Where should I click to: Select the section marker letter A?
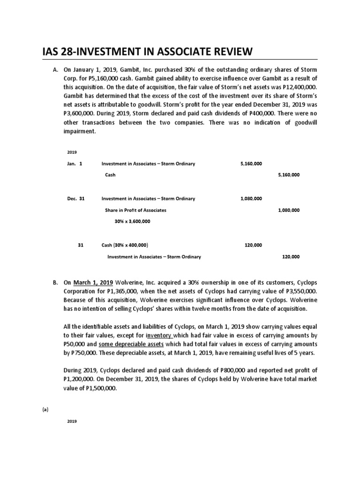click(x=55, y=70)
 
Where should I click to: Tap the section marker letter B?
click(x=55, y=283)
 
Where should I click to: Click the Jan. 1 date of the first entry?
click(x=75, y=164)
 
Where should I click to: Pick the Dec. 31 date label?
click(x=76, y=199)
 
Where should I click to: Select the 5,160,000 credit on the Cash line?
click(x=289, y=175)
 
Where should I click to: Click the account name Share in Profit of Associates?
click(x=135, y=210)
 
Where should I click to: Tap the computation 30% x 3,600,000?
click(x=132, y=221)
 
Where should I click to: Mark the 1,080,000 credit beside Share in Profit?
click(x=289, y=210)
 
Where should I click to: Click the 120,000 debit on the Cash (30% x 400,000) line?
click(x=254, y=245)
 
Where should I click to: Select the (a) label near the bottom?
click(x=45, y=409)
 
